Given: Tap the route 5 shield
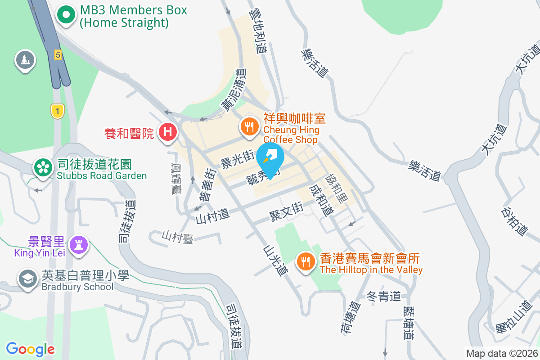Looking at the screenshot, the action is click(x=58, y=55).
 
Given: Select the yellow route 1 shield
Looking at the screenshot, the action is click(x=56, y=111).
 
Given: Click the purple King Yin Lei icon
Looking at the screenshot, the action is click(x=79, y=244).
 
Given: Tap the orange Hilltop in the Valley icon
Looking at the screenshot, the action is click(x=306, y=261).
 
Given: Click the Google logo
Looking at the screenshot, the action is click(x=31, y=349).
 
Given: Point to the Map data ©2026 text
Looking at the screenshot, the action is click(x=501, y=353).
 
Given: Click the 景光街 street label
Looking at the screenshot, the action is click(x=238, y=159).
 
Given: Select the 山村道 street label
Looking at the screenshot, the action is click(x=212, y=216).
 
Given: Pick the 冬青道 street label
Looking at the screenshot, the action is click(x=383, y=296).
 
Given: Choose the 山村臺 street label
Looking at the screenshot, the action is click(x=178, y=237).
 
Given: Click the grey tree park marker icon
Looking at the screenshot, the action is click(x=25, y=59).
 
